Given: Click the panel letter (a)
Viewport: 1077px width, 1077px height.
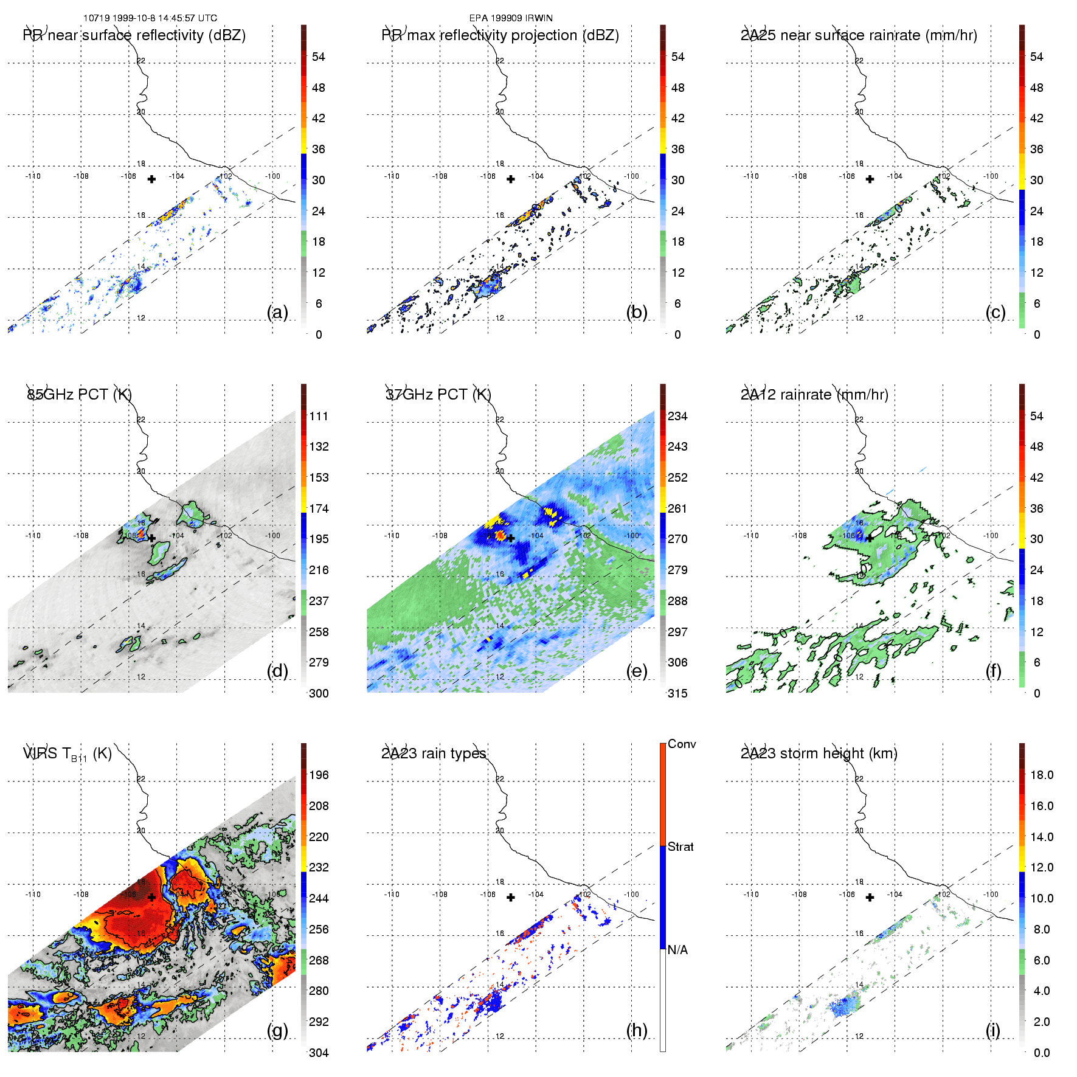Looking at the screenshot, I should [x=277, y=313].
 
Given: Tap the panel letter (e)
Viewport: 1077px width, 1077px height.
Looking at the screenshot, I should [x=636, y=671].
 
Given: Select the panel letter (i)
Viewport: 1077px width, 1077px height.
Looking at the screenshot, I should [x=992, y=1030].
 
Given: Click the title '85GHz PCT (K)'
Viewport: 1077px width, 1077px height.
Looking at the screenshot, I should [x=79, y=395].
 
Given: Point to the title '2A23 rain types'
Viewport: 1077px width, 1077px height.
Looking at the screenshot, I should [x=434, y=753].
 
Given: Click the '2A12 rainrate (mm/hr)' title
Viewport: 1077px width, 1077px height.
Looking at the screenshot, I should [x=814, y=395].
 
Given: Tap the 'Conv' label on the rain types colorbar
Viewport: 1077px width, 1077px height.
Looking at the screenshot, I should [x=682, y=744].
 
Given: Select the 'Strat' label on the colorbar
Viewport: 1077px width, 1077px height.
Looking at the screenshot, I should [x=680, y=847].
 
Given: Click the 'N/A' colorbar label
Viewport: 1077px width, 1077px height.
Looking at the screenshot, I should [x=677, y=950].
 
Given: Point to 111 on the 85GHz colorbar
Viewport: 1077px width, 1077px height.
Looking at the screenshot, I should [x=319, y=417].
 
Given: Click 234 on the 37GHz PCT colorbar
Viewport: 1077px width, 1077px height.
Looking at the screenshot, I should [x=677, y=417].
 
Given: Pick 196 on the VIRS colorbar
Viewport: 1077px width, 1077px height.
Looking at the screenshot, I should [x=319, y=775].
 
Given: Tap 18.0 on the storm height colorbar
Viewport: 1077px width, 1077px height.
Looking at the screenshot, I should [x=1042, y=775].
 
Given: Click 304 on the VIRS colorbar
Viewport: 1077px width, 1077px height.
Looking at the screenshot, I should [x=319, y=1053].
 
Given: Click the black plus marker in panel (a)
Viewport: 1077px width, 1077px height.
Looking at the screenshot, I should [x=151, y=179].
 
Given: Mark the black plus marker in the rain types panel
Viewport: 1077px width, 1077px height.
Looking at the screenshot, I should [x=511, y=898].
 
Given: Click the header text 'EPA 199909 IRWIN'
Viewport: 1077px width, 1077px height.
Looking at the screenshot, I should [x=511, y=18].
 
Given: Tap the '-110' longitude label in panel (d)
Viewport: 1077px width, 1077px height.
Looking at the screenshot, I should [x=33, y=536].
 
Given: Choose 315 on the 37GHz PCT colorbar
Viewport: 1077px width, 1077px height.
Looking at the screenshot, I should [x=677, y=694].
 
